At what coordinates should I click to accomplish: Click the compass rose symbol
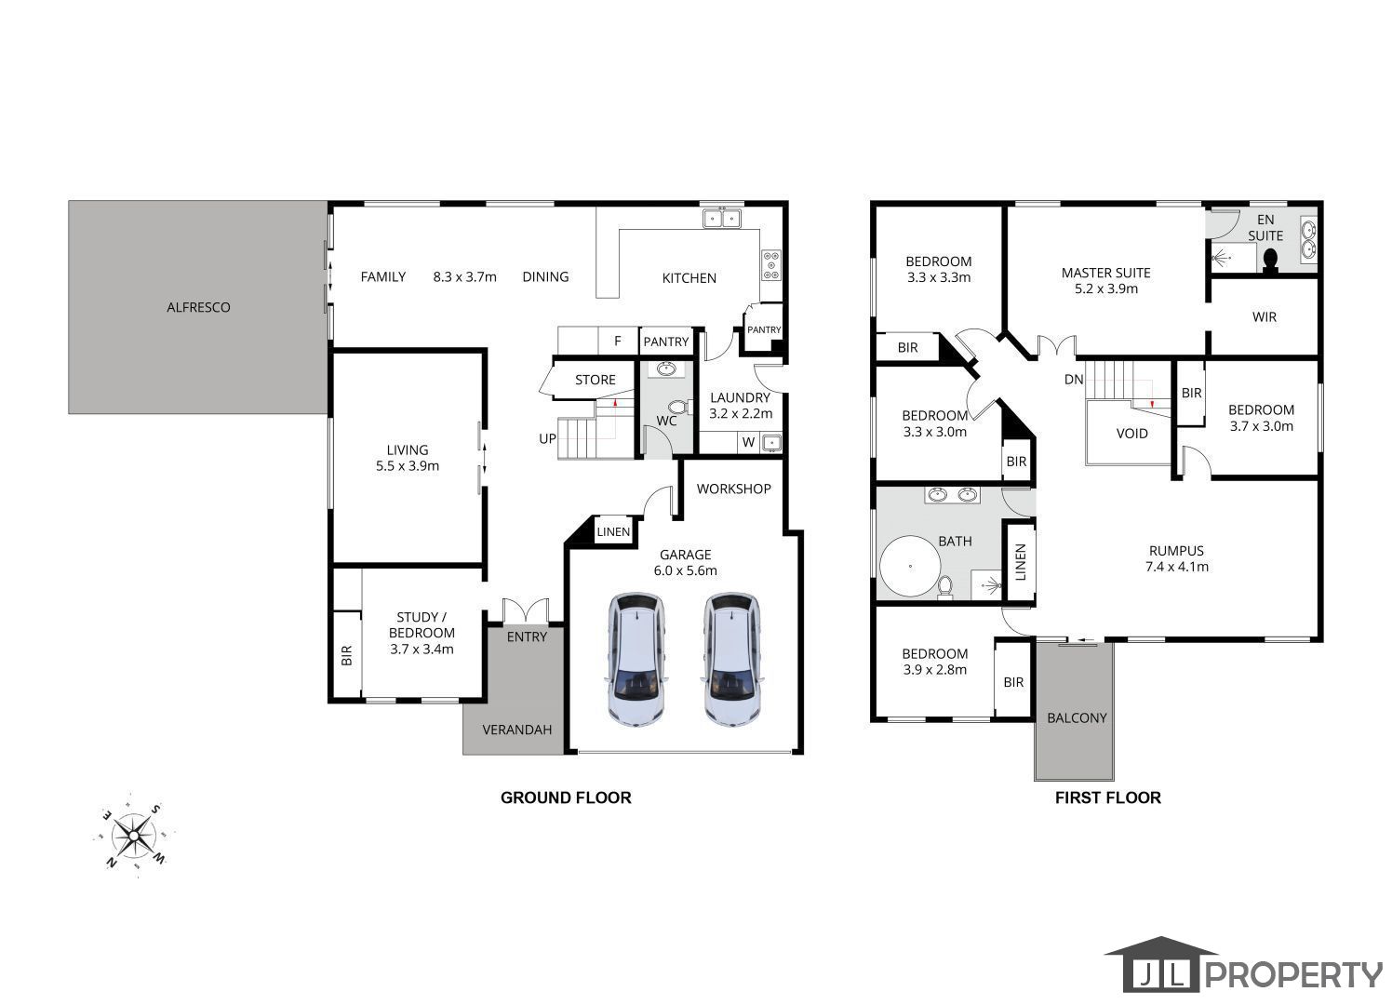point(134,836)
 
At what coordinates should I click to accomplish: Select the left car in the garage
point(636,660)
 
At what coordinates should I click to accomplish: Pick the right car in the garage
point(732,660)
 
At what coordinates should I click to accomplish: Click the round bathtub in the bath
point(910,566)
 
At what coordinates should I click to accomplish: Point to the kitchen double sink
point(721,218)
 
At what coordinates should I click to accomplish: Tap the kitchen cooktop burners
point(771,265)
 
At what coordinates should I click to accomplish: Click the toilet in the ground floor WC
point(678,408)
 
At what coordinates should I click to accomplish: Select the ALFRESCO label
point(198,307)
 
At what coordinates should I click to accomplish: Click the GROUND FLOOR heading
point(566,797)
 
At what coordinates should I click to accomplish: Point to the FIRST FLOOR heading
point(1108,797)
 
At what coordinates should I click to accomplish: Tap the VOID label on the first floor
point(1131,434)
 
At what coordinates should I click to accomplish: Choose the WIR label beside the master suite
point(1264,317)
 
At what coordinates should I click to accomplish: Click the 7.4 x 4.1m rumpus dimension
point(1177,567)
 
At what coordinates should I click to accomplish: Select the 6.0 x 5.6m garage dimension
point(686,570)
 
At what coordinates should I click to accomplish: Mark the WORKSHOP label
point(734,489)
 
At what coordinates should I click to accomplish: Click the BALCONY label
point(1077,717)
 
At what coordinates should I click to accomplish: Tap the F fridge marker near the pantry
point(618,341)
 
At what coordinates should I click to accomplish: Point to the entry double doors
point(526,610)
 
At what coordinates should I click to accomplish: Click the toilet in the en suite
point(1270,261)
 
